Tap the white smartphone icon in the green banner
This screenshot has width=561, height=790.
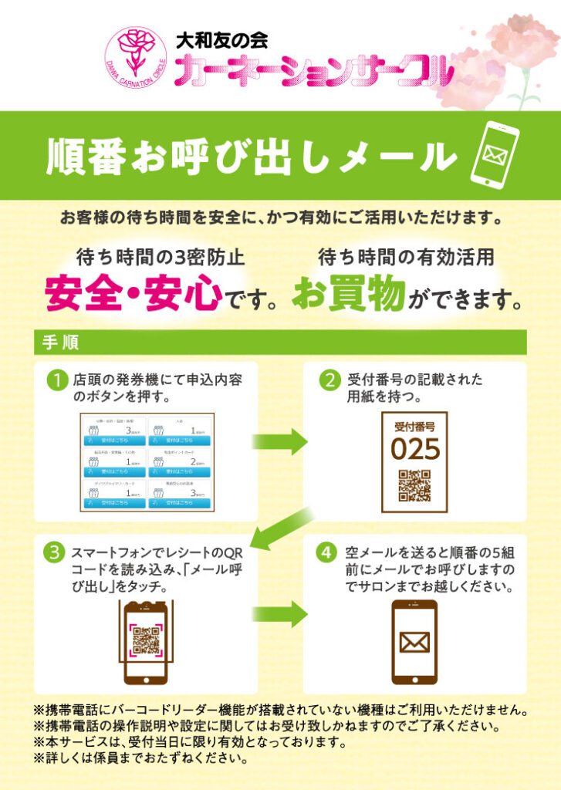pos(493,154)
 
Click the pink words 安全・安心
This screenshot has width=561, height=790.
pos(133,294)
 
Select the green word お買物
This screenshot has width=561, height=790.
pos(349,294)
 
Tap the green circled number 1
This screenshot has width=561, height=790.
pos(56,380)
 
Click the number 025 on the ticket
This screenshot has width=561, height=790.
pos(414,448)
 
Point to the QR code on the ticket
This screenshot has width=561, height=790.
pos(414,484)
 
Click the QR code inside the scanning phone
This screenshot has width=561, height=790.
pos(146,640)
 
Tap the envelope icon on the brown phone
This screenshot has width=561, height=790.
pos(414,642)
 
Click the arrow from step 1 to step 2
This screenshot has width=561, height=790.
pos(278,442)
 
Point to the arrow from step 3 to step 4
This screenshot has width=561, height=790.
pos(278,615)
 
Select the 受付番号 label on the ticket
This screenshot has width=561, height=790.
pos(414,426)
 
